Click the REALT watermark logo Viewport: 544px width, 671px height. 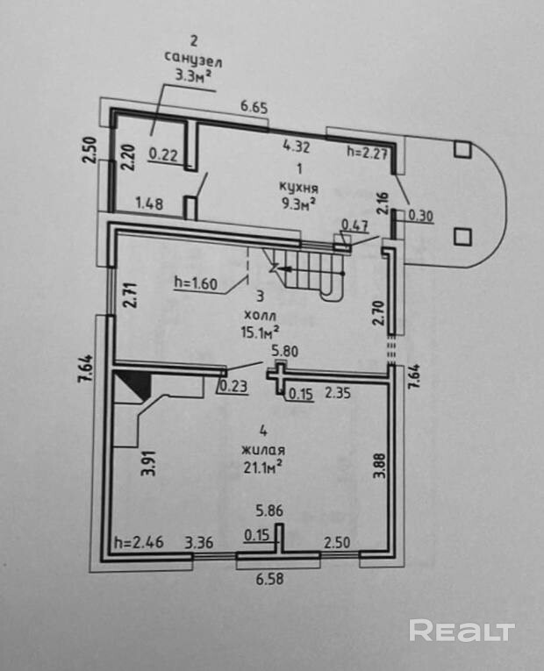click(x=462, y=631)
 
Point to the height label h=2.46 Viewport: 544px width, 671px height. click(x=140, y=543)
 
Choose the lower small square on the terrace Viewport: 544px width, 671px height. click(x=462, y=235)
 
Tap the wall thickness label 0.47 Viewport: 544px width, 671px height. click(x=354, y=225)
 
